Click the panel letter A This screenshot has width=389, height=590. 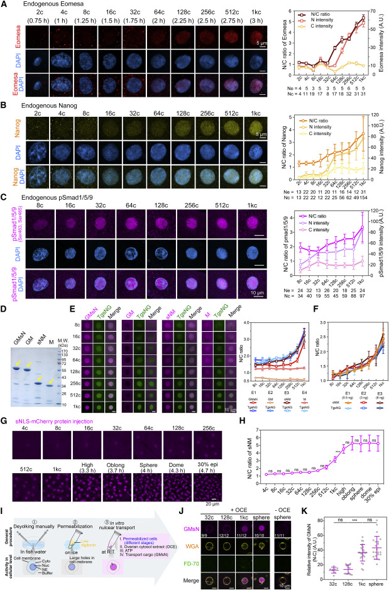4,4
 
